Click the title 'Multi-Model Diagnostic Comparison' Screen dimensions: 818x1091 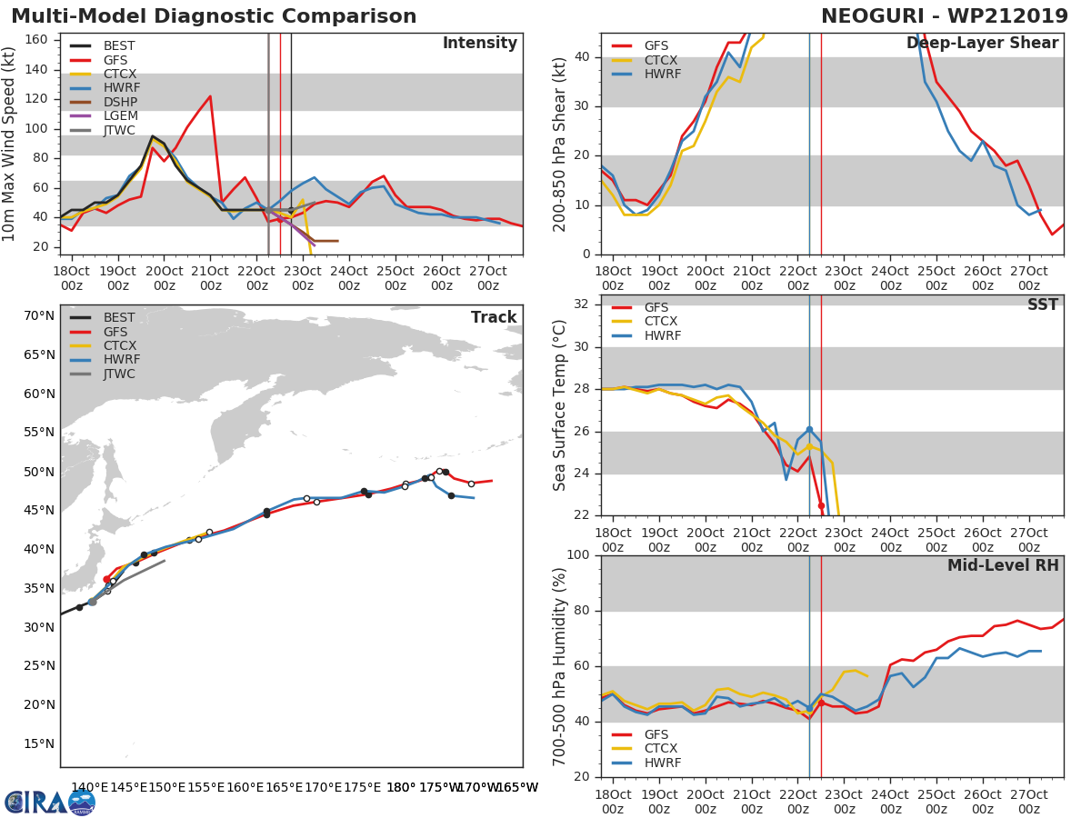coord(214,16)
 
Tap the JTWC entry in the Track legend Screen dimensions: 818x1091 coord(119,374)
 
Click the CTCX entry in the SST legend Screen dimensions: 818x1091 coord(661,322)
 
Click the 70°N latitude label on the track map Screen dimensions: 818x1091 coord(39,316)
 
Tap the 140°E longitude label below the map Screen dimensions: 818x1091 coord(90,787)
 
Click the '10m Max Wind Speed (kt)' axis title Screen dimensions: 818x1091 coord(10,144)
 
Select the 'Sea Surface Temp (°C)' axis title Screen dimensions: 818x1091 coord(560,405)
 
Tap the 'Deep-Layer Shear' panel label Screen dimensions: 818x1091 coord(982,44)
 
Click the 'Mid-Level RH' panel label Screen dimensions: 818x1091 coord(1003,565)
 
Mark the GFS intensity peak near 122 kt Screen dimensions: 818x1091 coord(210,96)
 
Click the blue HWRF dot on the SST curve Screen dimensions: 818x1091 coord(809,429)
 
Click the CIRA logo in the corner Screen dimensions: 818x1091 coord(49,802)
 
